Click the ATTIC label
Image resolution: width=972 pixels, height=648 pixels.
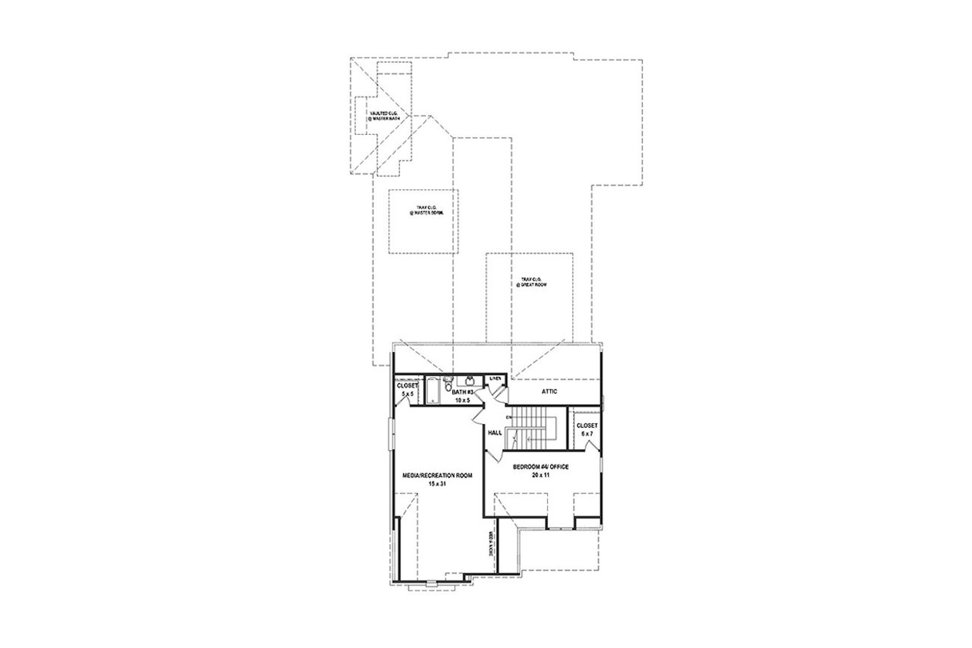tap(549, 392)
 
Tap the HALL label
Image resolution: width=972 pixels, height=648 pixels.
tap(495, 433)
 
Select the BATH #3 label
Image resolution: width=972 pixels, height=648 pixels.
tap(462, 392)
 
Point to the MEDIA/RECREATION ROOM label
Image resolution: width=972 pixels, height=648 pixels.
tap(437, 476)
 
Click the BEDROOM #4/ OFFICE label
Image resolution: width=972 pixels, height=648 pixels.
tap(540, 467)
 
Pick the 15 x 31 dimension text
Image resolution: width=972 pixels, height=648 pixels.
tap(437, 485)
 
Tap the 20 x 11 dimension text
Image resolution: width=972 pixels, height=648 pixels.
tap(540, 476)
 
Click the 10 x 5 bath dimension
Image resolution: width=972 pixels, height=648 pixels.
tap(462, 401)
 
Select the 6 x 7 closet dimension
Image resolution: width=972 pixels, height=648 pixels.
tap(587, 434)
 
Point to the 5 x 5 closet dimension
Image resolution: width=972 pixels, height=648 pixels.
tap(407, 395)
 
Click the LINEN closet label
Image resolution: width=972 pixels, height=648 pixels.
tap(496, 378)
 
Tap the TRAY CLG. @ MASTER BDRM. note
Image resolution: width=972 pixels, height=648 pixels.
tap(423, 211)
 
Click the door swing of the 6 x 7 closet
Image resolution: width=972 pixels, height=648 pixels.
tap(591, 445)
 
